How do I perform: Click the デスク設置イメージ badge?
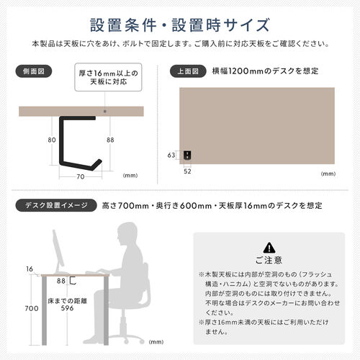tap(53, 205)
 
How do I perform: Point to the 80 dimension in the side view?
tap(51, 141)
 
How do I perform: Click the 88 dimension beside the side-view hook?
tap(109, 141)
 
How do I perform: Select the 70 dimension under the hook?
tap(80, 175)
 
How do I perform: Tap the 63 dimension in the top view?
tap(171, 155)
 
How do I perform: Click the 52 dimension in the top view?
tap(187, 171)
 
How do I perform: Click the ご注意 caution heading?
tap(269, 260)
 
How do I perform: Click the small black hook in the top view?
tap(187, 155)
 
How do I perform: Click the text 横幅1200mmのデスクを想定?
tap(266, 71)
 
